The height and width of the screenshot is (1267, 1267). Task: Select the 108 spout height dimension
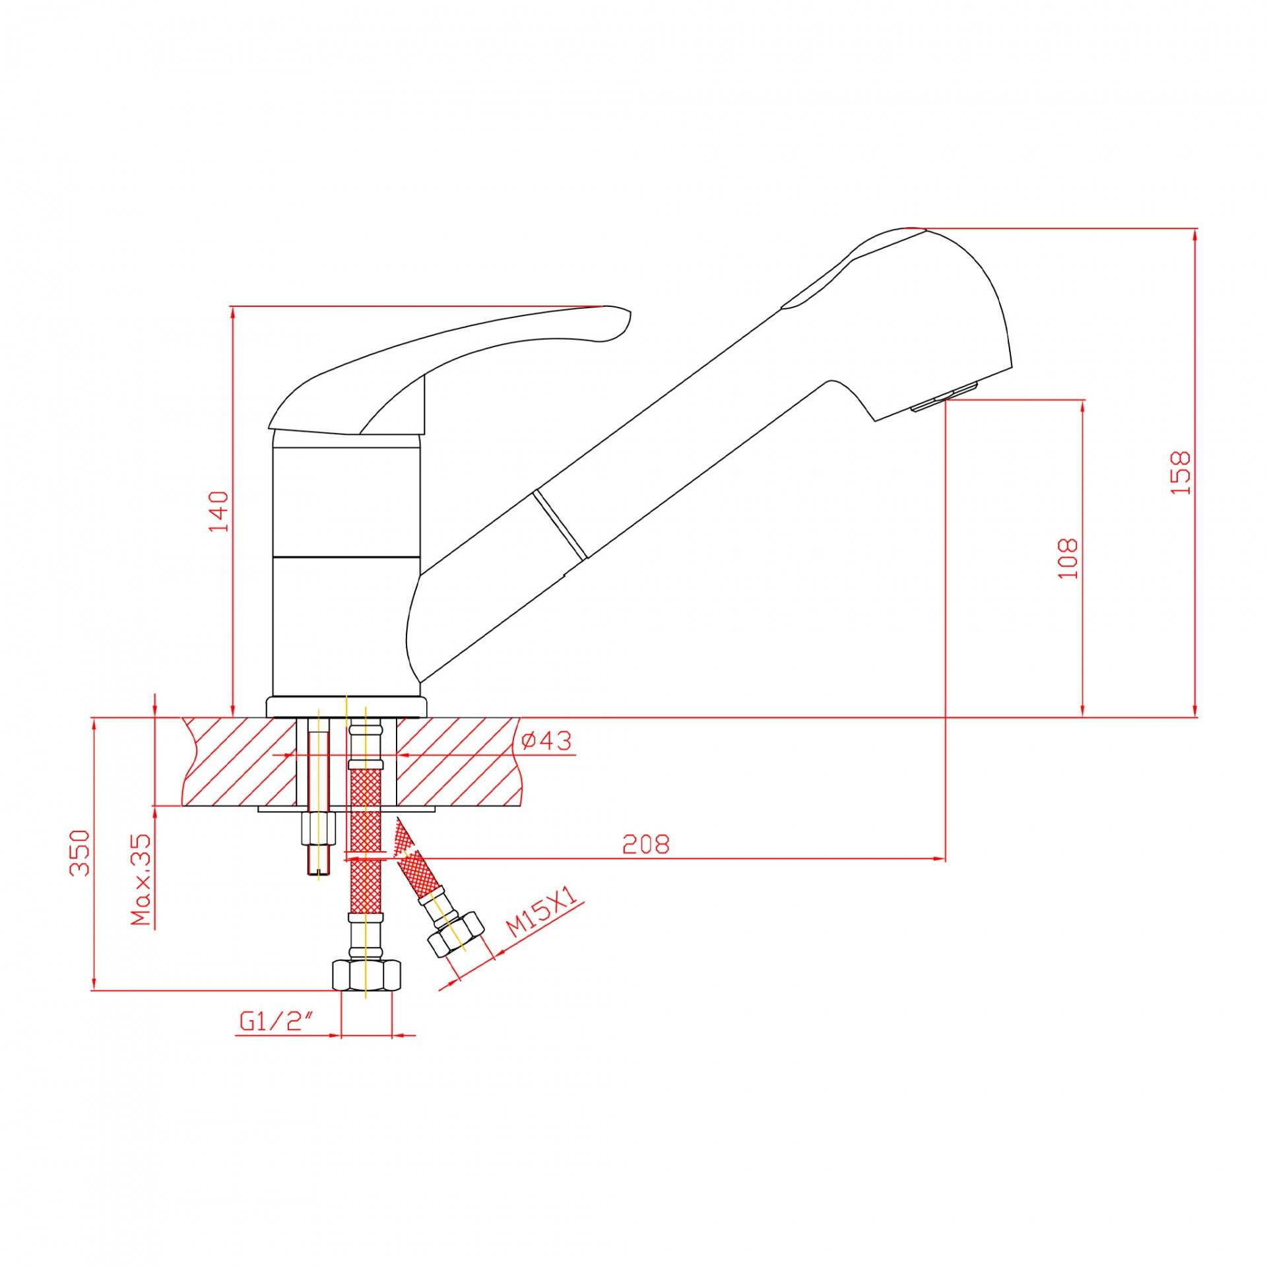point(1068,558)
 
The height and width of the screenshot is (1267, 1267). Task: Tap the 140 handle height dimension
point(219,511)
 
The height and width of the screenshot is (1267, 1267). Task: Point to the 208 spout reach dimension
point(645,845)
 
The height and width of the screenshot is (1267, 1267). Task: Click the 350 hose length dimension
point(80,853)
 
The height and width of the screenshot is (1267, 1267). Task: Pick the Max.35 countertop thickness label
point(141,880)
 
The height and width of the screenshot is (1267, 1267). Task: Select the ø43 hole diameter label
point(546,741)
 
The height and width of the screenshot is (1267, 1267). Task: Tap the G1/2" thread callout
point(275,1022)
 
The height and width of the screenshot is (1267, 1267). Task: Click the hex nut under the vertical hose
point(366,975)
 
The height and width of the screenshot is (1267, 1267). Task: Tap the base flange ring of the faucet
point(346,707)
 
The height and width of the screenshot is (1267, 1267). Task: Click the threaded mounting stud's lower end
point(317,864)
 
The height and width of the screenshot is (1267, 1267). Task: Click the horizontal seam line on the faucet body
point(346,556)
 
